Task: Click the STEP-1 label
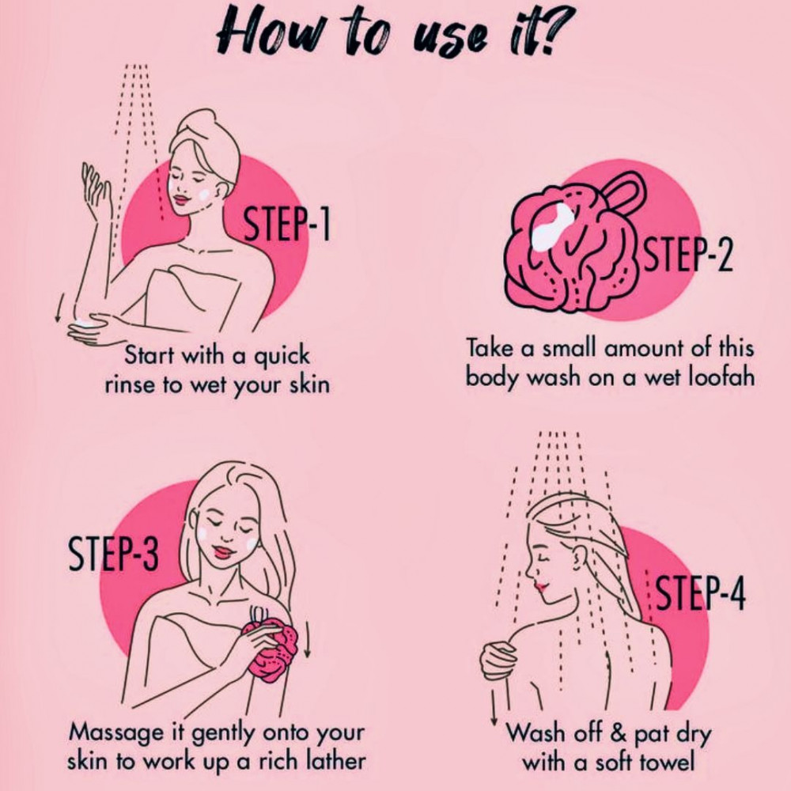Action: coord(286,224)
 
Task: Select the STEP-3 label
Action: coord(113,553)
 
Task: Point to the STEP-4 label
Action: coord(701,592)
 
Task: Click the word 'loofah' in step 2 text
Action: coord(721,377)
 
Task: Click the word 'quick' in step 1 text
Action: coord(281,357)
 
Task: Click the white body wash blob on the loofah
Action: coord(552,226)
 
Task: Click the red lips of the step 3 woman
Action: coord(222,551)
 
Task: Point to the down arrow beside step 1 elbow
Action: coord(59,308)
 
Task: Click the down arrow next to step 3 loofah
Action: coord(307,640)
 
